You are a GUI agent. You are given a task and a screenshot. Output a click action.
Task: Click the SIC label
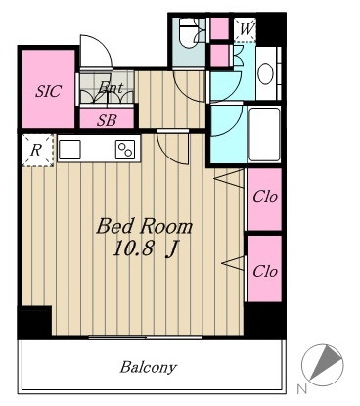48,91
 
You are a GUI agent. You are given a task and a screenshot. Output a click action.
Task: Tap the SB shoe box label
107,120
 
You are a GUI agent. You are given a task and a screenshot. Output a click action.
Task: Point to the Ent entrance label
111,87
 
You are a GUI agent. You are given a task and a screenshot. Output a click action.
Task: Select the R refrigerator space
38,151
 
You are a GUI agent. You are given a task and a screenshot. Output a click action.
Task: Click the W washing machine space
246,29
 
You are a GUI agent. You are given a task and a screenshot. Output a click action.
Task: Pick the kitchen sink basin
69,150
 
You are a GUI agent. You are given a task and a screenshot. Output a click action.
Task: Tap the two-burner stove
125,150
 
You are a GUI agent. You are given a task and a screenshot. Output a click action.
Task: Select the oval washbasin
265,73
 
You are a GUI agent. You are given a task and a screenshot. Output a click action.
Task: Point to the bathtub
264,134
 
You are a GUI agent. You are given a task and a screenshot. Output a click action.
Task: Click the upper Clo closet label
265,197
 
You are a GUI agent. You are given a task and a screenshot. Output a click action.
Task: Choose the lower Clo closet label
265,271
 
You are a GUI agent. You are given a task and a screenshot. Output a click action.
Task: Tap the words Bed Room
144,227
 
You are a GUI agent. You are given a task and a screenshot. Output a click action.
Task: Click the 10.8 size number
133,249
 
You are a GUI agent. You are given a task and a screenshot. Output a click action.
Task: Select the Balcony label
149,368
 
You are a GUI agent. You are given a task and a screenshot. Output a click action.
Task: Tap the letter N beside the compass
302,388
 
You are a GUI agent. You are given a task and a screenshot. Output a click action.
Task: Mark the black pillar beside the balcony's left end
34,322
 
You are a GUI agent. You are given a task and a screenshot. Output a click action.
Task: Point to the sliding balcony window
146,338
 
